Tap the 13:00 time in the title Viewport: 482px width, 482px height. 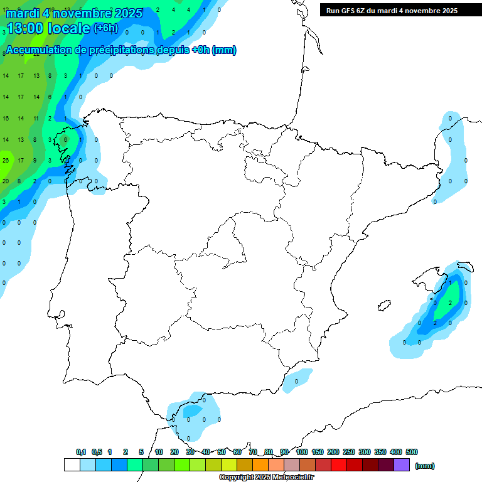[25, 28]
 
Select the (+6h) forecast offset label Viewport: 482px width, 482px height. [105, 28]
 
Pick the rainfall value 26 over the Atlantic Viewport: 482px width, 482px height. [5, 160]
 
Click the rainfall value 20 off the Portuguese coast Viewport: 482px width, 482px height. [5, 181]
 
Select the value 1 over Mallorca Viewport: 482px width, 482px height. [450, 283]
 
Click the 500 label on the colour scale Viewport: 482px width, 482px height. [412, 452]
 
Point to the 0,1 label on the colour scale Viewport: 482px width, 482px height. [81, 452]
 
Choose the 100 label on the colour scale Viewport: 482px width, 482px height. [302, 452]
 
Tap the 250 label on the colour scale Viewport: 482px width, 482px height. [349, 452]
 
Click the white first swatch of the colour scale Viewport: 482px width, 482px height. [72, 465]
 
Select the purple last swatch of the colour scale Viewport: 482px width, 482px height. [402, 465]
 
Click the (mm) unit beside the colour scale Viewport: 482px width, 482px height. [425, 466]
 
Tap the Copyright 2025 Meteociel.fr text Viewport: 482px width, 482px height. [266, 478]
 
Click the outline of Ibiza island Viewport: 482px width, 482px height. [384, 306]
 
